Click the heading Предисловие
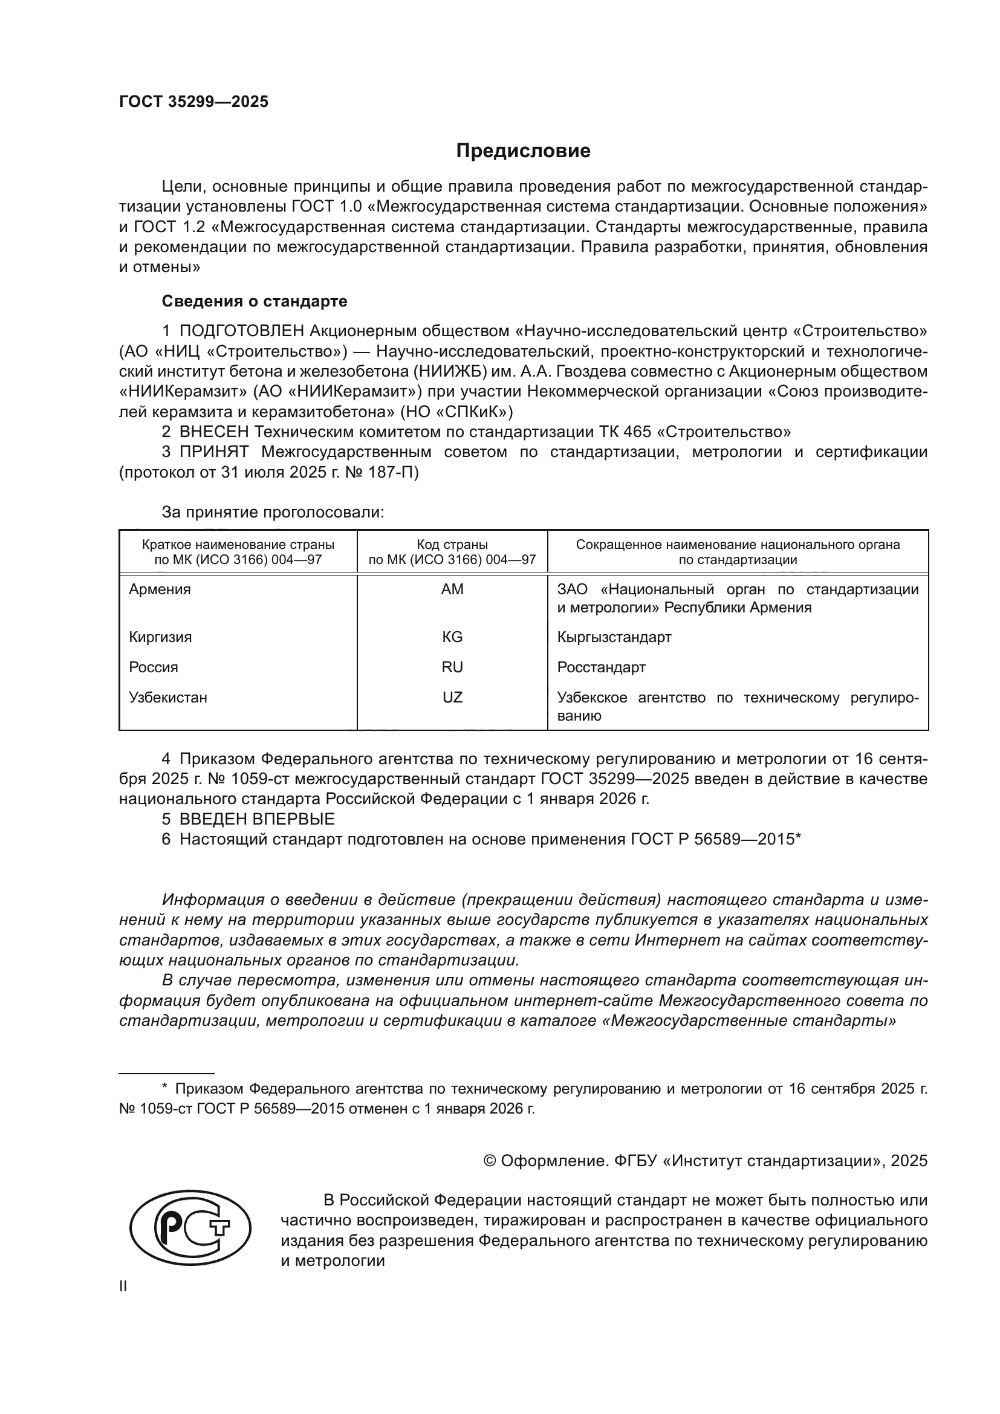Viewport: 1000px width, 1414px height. (x=523, y=151)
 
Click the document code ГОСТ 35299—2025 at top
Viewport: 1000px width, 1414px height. (x=193, y=102)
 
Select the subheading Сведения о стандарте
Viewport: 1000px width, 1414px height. (x=255, y=301)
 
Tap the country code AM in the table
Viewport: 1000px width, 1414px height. (x=452, y=589)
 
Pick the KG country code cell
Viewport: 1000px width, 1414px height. (x=452, y=637)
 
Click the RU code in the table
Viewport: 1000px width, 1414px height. (x=452, y=667)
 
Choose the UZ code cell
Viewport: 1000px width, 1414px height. (x=452, y=697)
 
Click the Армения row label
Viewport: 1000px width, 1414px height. (x=160, y=589)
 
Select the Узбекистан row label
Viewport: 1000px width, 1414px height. (x=167, y=697)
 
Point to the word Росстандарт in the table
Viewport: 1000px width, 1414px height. (x=601, y=667)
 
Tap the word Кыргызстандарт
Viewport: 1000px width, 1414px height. (x=614, y=637)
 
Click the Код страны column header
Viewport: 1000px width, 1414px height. (x=452, y=545)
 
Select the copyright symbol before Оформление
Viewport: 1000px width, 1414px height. (x=490, y=1161)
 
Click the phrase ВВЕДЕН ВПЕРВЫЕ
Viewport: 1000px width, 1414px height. (x=257, y=819)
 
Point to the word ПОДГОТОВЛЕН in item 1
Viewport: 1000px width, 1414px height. (x=241, y=331)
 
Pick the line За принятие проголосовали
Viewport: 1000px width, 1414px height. (x=273, y=513)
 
